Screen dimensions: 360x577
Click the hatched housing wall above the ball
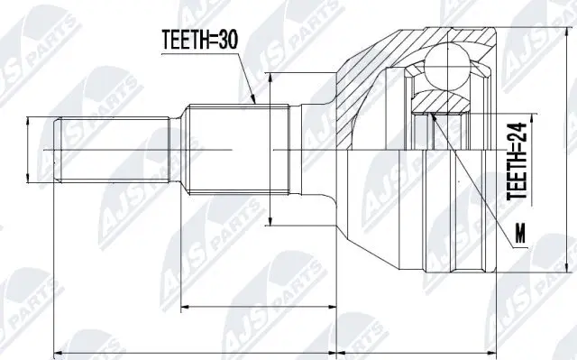click(442, 33)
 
